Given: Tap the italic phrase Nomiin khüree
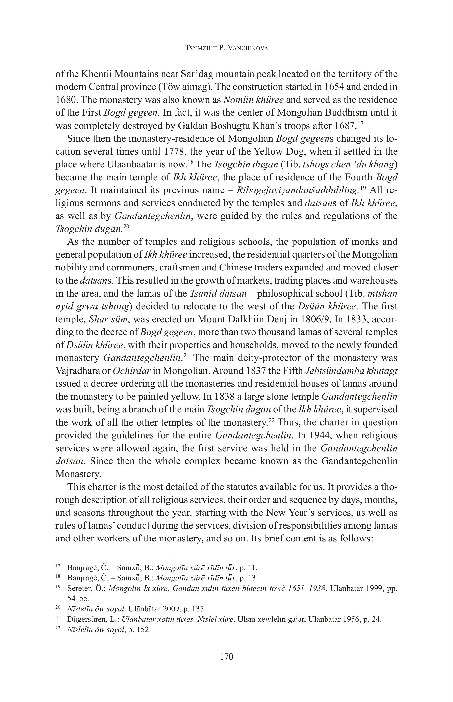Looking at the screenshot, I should coord(253,100).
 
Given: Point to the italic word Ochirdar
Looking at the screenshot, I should coord(131,371).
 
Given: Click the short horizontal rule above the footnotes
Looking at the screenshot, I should coord(114,560).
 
